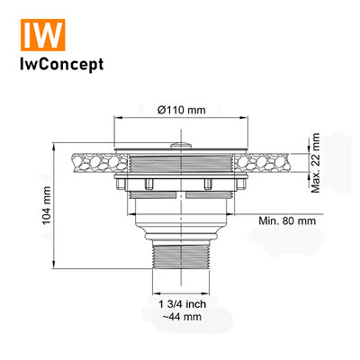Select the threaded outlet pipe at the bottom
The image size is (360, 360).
pos(182,271)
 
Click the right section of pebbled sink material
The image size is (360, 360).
pos(274,163)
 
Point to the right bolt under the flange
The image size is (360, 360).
pos(208,185)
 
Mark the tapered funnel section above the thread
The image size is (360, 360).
pos(182,229)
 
